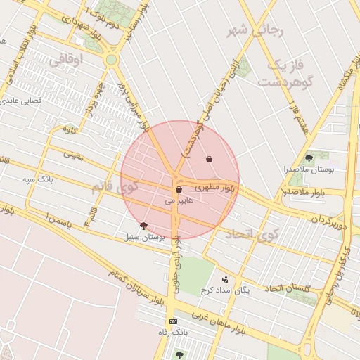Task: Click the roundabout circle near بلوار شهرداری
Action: coord(111,60)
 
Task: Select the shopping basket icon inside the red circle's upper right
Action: coord(210,160)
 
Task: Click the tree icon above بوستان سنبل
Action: coord(144,226)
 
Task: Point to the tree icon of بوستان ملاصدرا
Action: coord(309,157)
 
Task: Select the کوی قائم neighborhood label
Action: coord(112,188)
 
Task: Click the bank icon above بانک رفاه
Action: coord(174,321)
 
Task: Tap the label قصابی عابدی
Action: coord(27,101)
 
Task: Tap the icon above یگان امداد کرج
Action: coord(225,279)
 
